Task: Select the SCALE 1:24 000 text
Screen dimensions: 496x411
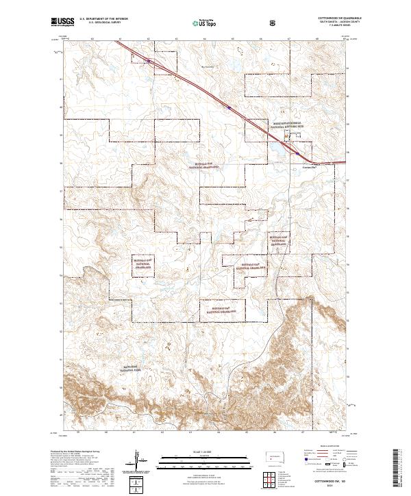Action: (205, 451)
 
